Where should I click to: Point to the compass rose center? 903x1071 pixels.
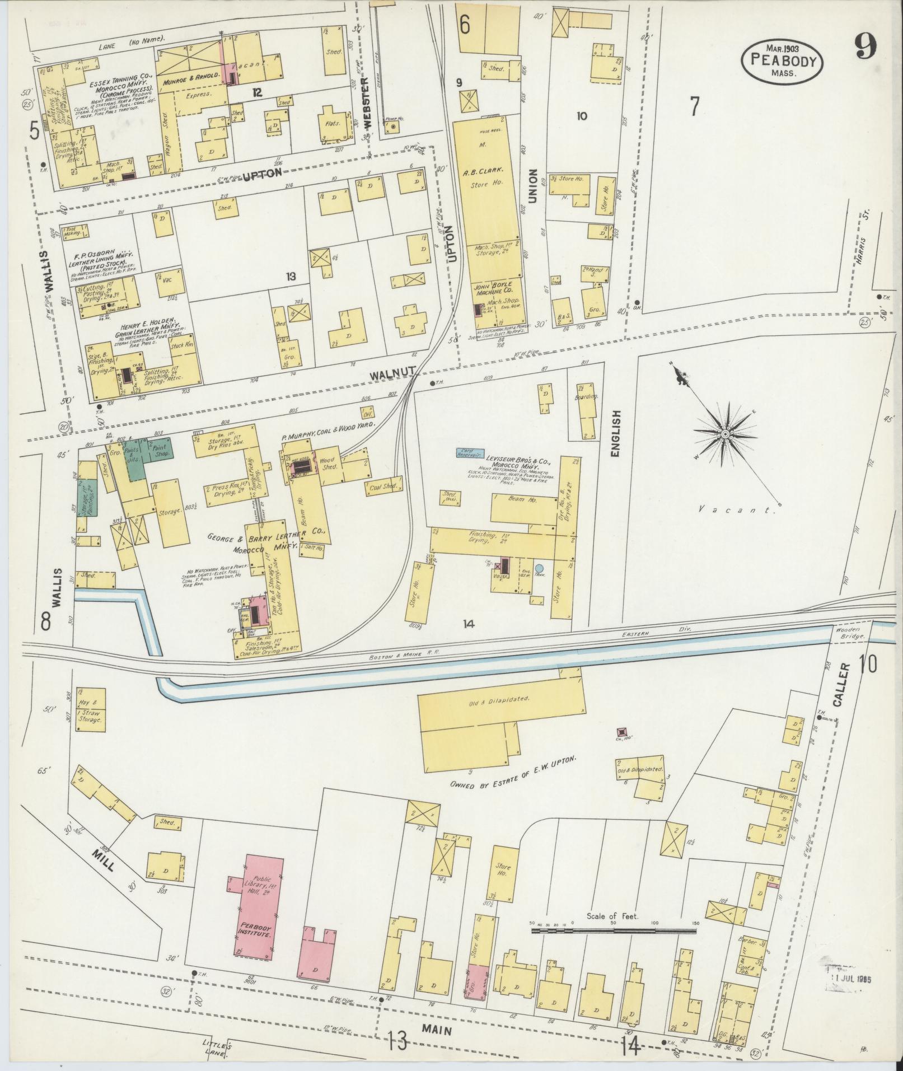click(x=724, y=434)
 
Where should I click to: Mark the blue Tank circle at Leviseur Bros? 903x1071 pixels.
click(x=539, y=568)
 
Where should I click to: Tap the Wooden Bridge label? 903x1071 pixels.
click(x=853, y=633)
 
